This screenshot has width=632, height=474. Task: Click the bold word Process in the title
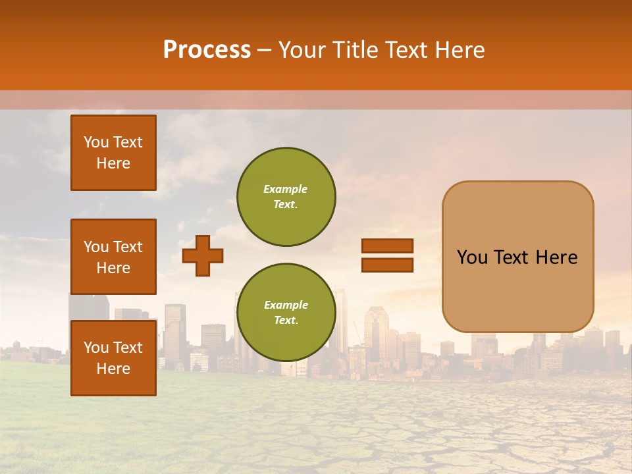pos(207,50)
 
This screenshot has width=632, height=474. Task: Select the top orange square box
pos(113,153)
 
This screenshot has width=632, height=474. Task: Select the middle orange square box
pos(113,257)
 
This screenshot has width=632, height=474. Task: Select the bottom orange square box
pos(113,357)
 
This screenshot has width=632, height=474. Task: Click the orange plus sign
pos(203,255)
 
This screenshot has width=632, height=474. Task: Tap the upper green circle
pos(286,196)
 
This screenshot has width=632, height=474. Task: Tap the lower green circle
pos(286,312)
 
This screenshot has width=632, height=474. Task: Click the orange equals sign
pos(387,255)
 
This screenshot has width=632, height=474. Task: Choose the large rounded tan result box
pos(517,256)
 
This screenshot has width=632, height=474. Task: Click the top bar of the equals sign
pos(387,246)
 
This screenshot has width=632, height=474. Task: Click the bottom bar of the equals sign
pos(387,265)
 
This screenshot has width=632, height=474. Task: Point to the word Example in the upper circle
pos(286,189)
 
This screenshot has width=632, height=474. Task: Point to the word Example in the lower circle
pos(286,305)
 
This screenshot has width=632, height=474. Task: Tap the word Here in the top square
pos(113,163)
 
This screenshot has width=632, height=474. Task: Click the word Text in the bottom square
pos(128,348)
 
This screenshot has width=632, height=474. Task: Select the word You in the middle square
pos(96,247)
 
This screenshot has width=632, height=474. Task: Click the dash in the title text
pos(265,51)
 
